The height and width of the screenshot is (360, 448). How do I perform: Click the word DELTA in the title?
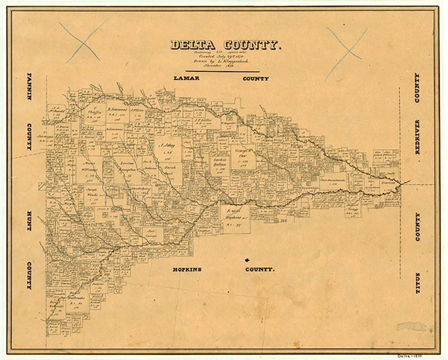coord(193,45)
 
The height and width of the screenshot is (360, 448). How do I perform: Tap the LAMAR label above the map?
coord(186,78)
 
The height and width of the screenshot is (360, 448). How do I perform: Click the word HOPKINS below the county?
coord(187,269)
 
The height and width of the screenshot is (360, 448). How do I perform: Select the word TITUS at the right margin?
coord(418,283)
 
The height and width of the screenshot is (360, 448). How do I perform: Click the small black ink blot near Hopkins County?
coord(247,260)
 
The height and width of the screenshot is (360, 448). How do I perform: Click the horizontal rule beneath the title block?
coord(223,71)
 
